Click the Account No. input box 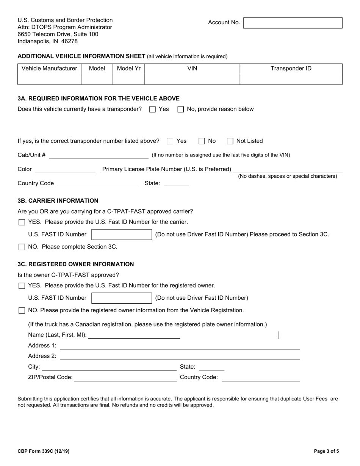pos(293,23)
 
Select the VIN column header pos(192,69)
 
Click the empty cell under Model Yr pos(129,79)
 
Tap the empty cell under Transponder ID pos(291,79)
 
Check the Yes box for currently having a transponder pos(152,109)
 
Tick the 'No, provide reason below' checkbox pos(181,109)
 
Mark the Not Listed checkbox pos(230,141)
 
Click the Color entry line pos(65,170)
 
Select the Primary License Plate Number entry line pos(287,169)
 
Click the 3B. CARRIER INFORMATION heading pos(58,201)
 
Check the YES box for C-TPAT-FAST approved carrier pos(22,222)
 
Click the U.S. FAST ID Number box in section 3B pos(122,235)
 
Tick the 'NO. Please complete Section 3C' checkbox pos(22,247)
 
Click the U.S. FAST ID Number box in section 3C pos(122,298)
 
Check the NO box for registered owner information pos(22,311)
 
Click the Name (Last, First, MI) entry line pos(134,335)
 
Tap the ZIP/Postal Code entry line pos(125,377)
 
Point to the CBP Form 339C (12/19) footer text pos(44,451)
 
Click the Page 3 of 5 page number pos(326,451)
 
